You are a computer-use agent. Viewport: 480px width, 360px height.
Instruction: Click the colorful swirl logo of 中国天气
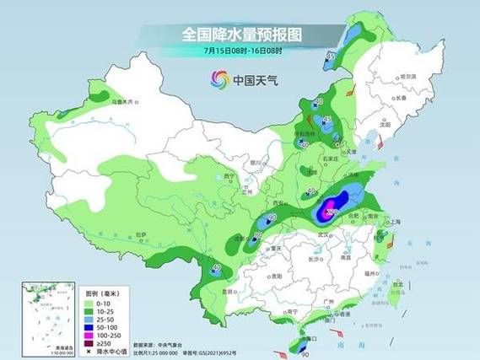[x=219, y=80]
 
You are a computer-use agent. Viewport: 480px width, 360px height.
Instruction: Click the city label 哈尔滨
[x=408, y=77]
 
